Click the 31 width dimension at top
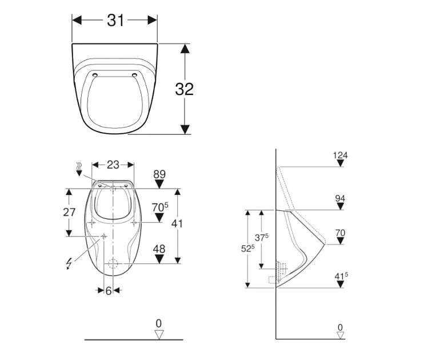point(115,20)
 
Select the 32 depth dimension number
point(184,89)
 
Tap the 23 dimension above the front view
point(113,165)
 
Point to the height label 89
point(160,174)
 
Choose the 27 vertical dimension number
point(69,212)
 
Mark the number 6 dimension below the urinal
point(109,291)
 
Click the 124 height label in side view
point(341,155)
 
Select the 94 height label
point(341,198)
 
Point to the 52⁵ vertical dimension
point(247,249)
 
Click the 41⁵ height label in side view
point(341,277)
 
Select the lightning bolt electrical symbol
point(70,263)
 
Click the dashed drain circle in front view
point(113,264)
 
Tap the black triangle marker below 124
point(341,163)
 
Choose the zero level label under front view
point(159,323)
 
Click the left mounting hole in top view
point(94,74)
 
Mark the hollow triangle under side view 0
point(341,335)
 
